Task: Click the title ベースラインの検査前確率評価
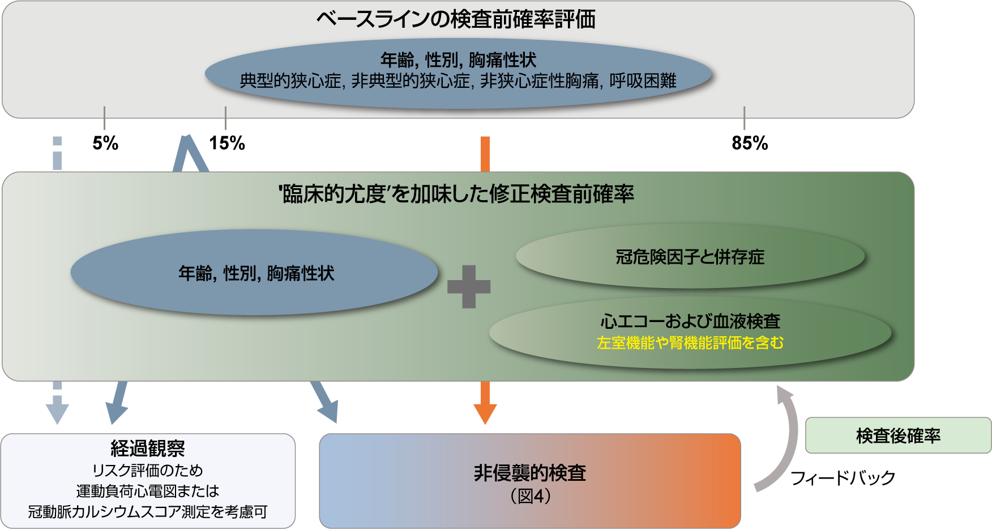pos(456,20)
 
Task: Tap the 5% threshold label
pos(105,143)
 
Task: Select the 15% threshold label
pos(227,143)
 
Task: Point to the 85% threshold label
pos(750,143)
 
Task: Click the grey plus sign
pos(469,286)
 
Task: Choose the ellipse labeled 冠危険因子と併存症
pos(690,257)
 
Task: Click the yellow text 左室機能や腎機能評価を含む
pos(690,343)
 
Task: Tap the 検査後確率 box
pos(898,435)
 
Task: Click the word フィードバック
pos(843,478)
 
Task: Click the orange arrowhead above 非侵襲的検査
pos(485,413)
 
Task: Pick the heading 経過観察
pos(148,448)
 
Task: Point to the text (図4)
pos(531,496)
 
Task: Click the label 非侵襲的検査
pos(530,473)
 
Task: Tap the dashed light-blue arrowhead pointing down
pos(57,413)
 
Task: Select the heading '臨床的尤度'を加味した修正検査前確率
pos(456,194)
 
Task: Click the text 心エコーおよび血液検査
pos(690,321)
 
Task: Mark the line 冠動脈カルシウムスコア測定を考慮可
pos(148,511)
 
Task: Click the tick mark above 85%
pos(744,117)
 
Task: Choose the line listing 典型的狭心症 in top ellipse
pos(458,81)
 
